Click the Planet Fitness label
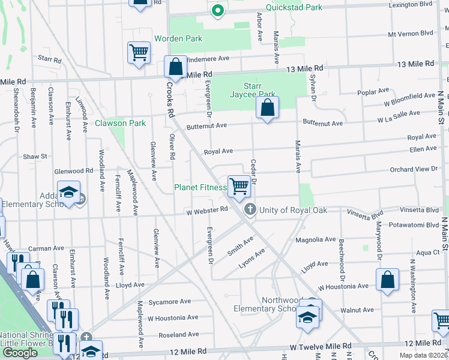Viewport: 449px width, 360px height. (x=200, y=187)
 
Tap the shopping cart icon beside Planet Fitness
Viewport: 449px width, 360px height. (x=239, y=185)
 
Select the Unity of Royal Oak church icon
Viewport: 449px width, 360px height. (x=250, y=209)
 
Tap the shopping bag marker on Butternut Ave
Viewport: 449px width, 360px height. (x=267, y=108)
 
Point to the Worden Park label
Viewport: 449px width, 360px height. (x=178, y=38)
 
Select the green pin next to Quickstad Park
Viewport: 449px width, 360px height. (x=217, y=10)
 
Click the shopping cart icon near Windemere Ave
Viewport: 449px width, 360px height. (x=139, y=52)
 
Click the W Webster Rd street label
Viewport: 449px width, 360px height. (x=207, y=210)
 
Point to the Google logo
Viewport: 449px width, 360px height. (x=20, y=353)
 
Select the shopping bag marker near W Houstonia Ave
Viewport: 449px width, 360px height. (x=388, y=279)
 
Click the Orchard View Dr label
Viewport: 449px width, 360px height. (x=414, y=169)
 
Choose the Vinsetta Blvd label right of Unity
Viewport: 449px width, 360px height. (x=366, y=212)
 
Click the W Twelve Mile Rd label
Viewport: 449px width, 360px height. (x=321, y=347)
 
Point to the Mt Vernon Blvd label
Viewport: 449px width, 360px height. (x=411, y=34)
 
